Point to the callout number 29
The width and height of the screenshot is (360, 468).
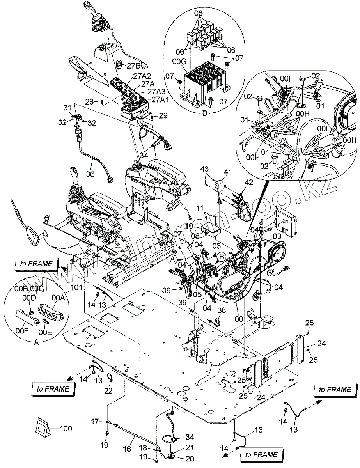[163, 115]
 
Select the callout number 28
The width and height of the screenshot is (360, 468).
[89, 101]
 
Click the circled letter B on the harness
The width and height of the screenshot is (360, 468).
[221, 256]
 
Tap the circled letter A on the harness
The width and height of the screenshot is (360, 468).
[172, 258]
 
